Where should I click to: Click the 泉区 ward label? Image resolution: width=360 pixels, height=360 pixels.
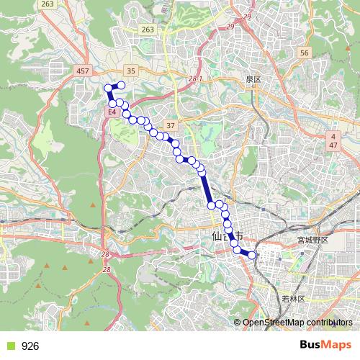251,78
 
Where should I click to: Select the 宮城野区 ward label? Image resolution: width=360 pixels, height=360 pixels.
312,240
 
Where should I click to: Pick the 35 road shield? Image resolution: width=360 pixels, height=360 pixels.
130,71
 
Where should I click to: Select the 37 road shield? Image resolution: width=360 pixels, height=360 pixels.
170,125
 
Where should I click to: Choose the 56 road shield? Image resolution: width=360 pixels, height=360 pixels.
305,53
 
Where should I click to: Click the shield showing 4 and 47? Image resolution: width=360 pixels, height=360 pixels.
333,140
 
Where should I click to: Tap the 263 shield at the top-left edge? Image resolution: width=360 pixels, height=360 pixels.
48,4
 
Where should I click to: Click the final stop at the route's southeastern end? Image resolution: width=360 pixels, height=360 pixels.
252,254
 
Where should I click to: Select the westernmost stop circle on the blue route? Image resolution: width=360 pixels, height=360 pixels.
109,89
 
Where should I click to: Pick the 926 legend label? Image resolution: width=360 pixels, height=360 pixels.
30,346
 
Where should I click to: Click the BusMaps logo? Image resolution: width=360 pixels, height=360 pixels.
326,346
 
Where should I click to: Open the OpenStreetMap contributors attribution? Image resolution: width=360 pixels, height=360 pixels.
297,322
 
